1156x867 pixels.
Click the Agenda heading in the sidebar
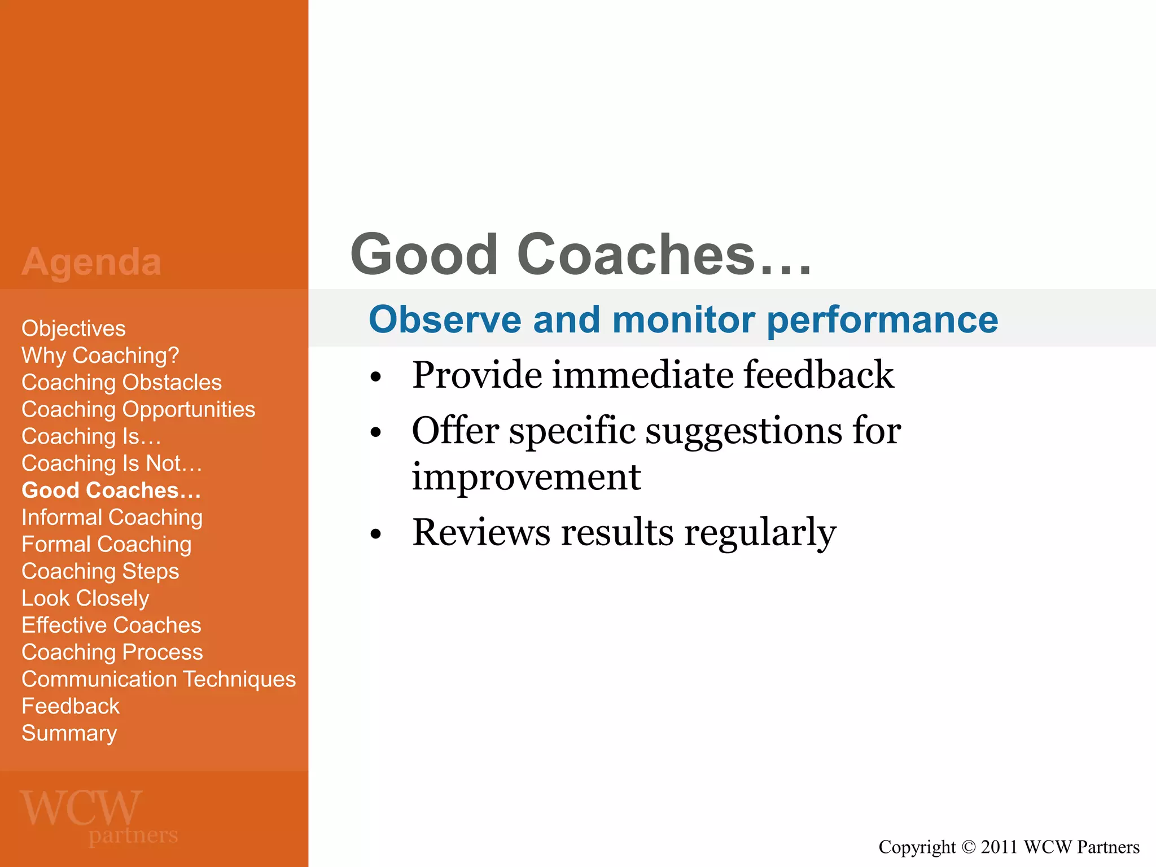91,262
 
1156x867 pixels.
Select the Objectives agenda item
73,329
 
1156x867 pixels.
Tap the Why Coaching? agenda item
100,356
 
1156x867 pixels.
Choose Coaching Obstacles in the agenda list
121,383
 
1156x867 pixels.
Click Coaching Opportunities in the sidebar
138,410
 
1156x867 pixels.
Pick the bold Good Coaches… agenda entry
111,491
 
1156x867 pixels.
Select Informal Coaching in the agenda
112,518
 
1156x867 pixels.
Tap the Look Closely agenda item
85,598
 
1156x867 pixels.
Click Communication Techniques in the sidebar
159,679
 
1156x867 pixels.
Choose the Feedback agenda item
71,706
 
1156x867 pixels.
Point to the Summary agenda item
69,733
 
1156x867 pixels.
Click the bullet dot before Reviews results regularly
376,534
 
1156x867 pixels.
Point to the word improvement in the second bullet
526,477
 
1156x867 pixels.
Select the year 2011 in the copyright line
1000,847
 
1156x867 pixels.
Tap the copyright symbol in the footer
968,847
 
